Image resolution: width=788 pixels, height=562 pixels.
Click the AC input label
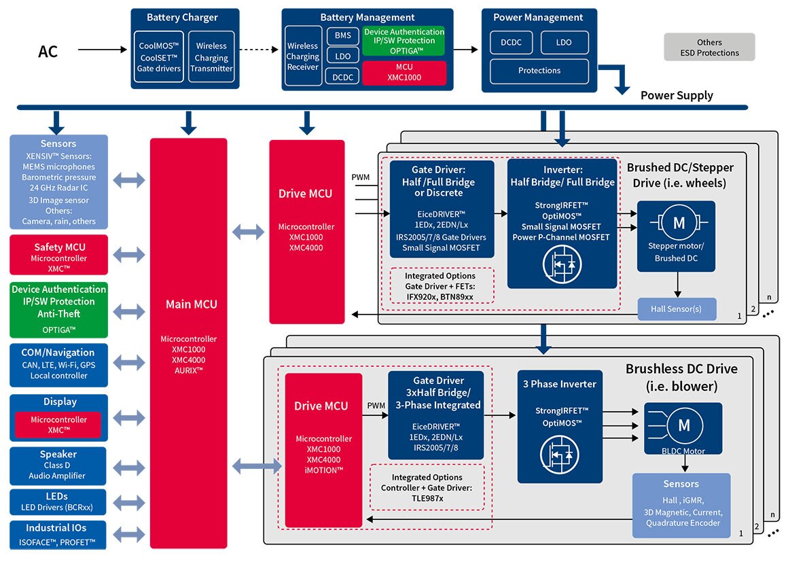pos(48,51)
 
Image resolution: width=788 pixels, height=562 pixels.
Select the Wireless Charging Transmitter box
pos(211,57)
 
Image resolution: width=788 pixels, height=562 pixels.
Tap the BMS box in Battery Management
pos(342,36)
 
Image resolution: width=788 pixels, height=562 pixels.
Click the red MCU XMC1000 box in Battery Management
pos(404,73)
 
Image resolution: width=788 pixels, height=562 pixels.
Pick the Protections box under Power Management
pos(539,71)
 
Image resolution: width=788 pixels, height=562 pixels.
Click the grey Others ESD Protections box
pos(709,48)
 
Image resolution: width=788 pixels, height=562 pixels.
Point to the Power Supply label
pos(677,95)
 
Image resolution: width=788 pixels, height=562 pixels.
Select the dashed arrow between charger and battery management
pos(260,50)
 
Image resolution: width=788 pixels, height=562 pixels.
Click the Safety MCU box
pos(59,253)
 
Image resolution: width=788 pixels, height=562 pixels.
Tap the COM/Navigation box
pos(59,364)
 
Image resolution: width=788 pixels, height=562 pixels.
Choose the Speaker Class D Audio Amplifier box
pos(59,465)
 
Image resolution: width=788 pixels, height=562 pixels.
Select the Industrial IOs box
pos(59,535)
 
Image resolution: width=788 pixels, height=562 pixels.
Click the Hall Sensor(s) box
pos(677,309)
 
